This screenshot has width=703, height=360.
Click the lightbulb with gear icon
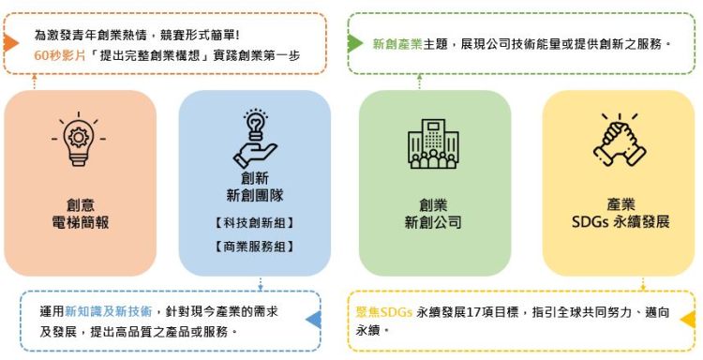[79, 140]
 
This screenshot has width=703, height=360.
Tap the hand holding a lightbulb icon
[255, 139]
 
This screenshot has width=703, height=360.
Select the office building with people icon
[433, 143]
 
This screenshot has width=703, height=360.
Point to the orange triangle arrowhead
[10, 43]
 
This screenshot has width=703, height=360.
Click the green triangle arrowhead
[354, 43]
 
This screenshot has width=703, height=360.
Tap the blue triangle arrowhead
[313, 320]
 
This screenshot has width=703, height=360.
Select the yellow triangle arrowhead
[688, 320]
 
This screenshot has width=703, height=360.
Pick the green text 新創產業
[397, 44]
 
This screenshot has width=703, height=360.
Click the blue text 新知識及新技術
[109, 311]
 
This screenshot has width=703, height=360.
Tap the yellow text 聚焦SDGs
[383, 312]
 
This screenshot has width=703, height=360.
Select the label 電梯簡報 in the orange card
[81, 222]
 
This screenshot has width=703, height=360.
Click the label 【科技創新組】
[254, 222]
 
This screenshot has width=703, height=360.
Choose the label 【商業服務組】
[254, 247]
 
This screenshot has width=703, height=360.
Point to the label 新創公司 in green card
[433, 222]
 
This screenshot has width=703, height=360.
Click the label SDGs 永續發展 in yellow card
[621, 222]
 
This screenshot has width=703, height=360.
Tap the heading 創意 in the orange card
[81, 205]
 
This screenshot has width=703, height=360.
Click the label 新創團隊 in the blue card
[255, 195]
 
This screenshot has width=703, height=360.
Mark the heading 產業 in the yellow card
[621, 205]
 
